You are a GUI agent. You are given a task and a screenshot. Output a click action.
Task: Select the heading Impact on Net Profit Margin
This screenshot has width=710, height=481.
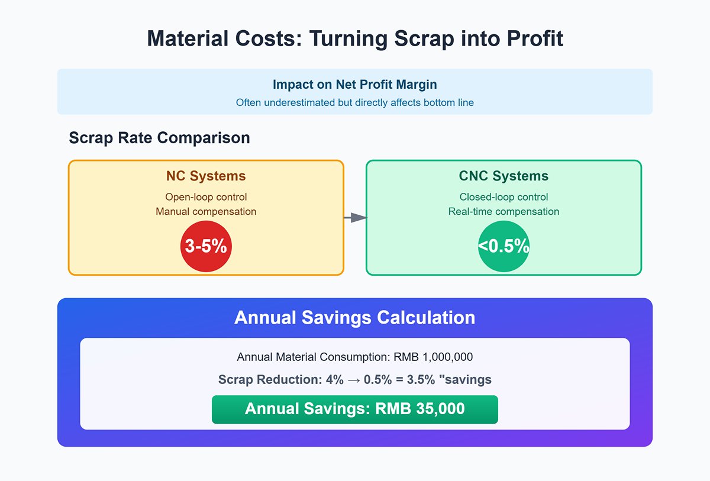tap(355, 84)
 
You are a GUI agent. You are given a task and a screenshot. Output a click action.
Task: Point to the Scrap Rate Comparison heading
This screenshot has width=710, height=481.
tap(159, 138)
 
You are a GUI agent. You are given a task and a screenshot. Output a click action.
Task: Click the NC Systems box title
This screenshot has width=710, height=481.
tap(206, 176)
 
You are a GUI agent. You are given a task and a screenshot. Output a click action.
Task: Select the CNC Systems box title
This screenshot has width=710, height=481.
tap(504, 176)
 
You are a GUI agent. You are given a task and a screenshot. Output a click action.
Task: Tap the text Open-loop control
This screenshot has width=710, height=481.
tap(206, 197)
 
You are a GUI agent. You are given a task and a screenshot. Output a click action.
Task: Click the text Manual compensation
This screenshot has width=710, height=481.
tap(206, 211)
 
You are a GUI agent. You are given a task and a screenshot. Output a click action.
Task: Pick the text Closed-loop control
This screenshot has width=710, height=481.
tap(504, 197)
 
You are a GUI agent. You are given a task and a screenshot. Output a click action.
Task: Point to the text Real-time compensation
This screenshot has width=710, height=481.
tap(504, 211)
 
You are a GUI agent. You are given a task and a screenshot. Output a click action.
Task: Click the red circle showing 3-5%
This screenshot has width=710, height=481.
tap(206, 247)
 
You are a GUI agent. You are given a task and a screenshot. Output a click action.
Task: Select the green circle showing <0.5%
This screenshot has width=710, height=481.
tap(504, 247)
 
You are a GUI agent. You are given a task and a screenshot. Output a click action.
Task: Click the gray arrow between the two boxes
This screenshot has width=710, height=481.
tap(355, 218)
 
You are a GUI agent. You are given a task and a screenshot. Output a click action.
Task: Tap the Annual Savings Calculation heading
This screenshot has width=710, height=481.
tap(355, 318)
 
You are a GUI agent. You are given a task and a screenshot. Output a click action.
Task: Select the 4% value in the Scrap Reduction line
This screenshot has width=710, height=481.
tap(334, 380)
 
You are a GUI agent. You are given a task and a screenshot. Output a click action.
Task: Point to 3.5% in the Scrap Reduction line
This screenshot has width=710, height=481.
tap(415, 380)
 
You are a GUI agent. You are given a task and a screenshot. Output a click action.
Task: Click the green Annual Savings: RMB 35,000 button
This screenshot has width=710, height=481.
tap(355, 409)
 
